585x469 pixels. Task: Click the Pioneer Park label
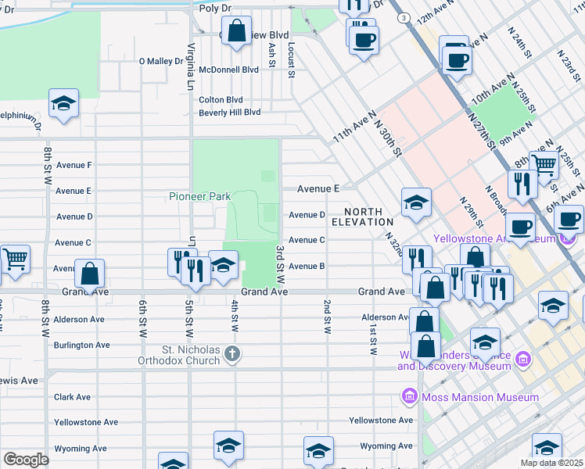(x=199, y=196)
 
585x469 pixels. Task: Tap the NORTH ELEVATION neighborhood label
(x=357, y=217)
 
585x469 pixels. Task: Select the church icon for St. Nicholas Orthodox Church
(x=231, y=355)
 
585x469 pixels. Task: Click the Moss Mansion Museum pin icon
(x=408, y=397)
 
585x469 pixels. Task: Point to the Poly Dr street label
(x=216, y=8)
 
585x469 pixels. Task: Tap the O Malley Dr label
(x=160, y=61)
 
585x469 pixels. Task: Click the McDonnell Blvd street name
(x=228, y=70)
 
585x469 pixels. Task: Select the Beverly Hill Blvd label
(x=230, y=113)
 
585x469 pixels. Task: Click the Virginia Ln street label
(x=190, y=66)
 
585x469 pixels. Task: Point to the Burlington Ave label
(x=81, y=345)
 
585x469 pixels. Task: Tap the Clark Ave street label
(x=75, y=397)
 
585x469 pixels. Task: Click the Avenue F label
(x=74, y=165)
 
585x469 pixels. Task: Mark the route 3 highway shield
(x=402, y=17)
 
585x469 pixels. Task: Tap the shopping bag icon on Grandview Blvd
(x=237, y=32)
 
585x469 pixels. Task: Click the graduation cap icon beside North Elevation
(x=417, y=202)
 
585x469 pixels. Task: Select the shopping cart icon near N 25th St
(x=544, y=164)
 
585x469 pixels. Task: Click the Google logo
(x=26, y=460)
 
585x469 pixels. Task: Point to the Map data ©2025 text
(x=551, y=463)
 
